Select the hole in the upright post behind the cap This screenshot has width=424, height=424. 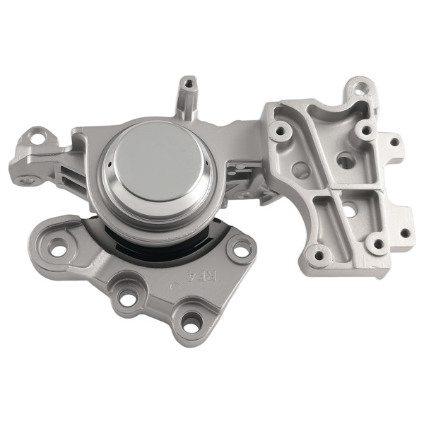(188, 85)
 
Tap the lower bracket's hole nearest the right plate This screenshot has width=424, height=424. (241, 247)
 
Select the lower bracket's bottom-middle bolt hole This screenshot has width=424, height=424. (128, 298)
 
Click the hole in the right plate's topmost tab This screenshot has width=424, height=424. (361, 88)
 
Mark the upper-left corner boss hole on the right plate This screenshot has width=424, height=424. (281, 131)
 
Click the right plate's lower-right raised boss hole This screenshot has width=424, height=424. (378, 244)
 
